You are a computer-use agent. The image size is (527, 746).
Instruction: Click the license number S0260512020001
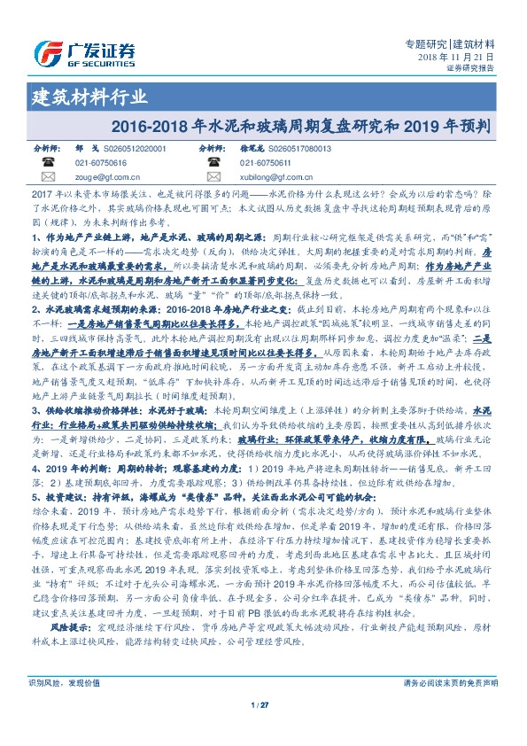(135, 150)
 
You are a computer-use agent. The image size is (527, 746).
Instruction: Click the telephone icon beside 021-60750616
(50, 163)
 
